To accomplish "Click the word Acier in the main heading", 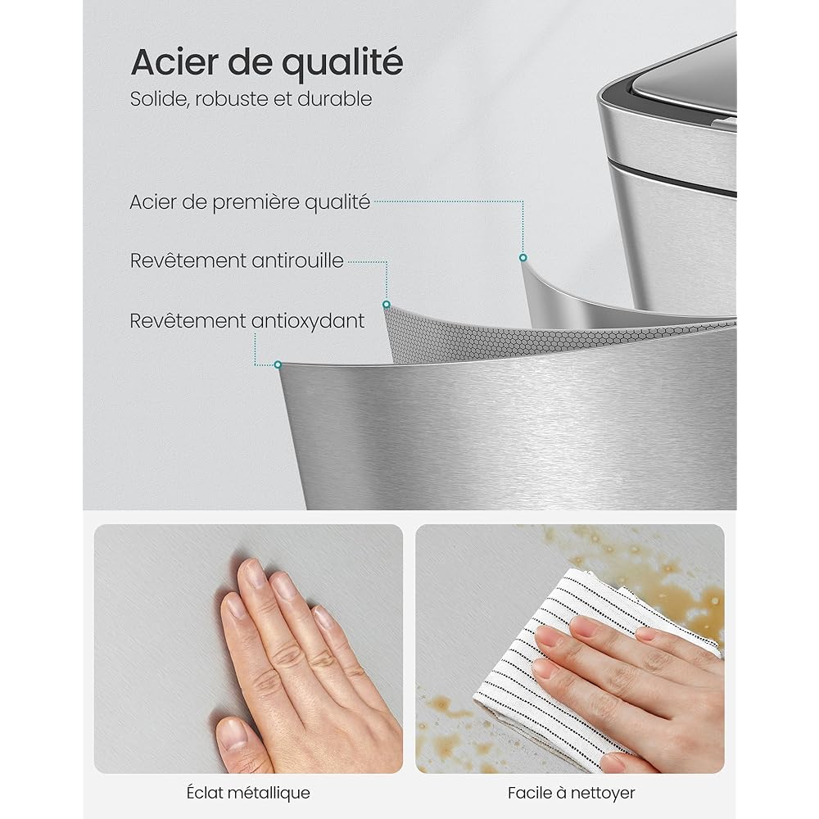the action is pyautogui.click(x=175, y=62).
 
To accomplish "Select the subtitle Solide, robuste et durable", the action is pyautogui.click(x=251, y=99).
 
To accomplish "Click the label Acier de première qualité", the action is pyautogui.click(x=250, y=202).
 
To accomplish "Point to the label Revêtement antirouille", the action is pyautogui.click(x=237, y=260).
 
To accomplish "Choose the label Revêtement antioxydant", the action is pyautogui.click(x=247, y=321).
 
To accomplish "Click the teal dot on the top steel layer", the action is pyautogui.click(x=523, y=257).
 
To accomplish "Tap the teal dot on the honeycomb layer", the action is pyautogui.click(x=387, y=305).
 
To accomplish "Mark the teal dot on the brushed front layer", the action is pyautogui.click(x=278, y=364).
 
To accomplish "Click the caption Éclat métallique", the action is pyautogui.click(x=248, y=793).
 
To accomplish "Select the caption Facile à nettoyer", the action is pyautogui.click(x=572, y=793).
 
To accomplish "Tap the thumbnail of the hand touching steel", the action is pyautogui.click(x=248, y=649).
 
